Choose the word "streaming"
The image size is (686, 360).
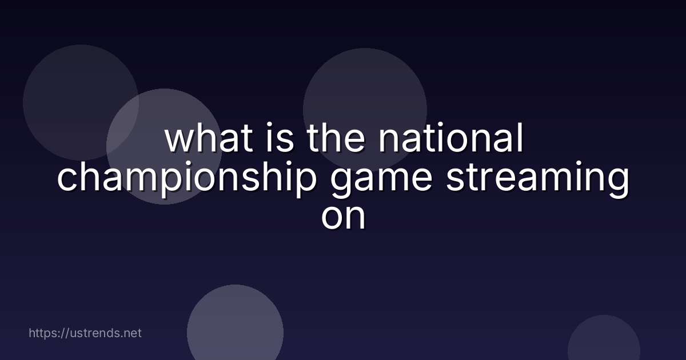[x=537, y=178]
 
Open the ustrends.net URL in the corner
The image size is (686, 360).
[x=85, y=333]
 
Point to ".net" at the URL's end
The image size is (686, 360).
[x=131, y=333]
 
